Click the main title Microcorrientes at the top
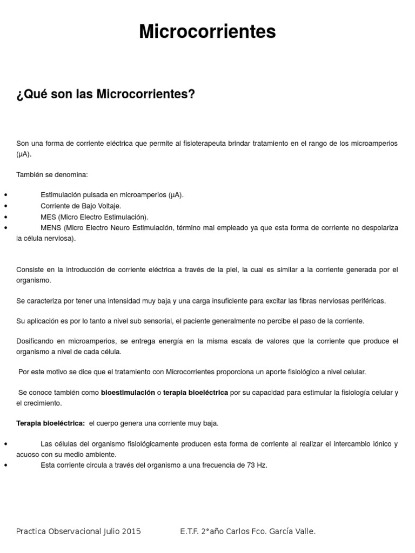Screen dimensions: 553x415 (207, 32)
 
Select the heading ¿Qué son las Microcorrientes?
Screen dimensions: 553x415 (105, 95)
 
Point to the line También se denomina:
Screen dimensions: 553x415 (52, 175)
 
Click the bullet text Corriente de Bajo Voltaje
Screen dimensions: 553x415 (81, 206)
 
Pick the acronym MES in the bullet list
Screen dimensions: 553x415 (48, 217)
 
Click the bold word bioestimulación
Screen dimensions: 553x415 (128, 393)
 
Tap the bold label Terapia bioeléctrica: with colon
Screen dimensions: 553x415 (51, 423)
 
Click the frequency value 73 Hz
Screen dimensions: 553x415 (256, 465)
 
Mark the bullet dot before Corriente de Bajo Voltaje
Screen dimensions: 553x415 (5, 206)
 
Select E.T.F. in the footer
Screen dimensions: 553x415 (189, 531)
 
